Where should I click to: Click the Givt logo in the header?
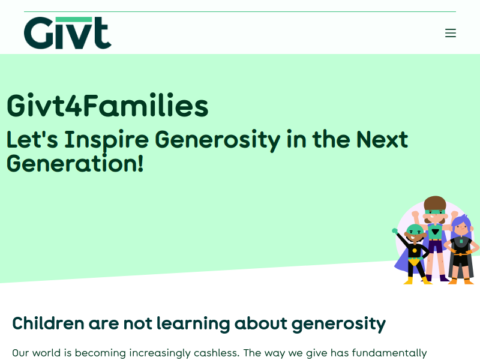point(68,33)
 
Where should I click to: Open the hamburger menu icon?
point(451,33)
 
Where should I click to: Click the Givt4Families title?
point(107,106)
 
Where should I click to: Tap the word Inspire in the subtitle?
point(106,140)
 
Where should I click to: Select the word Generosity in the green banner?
point(217,140)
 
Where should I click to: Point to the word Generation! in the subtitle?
point(75,163)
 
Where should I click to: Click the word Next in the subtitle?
point(382,139)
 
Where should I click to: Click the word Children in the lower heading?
point(48,323)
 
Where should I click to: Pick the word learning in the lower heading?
point(193,324)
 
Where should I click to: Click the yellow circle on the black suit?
point(415,250)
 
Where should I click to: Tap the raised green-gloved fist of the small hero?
point(395,231)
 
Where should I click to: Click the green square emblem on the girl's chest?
point(461,241)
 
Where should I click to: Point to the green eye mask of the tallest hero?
point(434,212)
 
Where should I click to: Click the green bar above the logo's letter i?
point(74,19)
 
